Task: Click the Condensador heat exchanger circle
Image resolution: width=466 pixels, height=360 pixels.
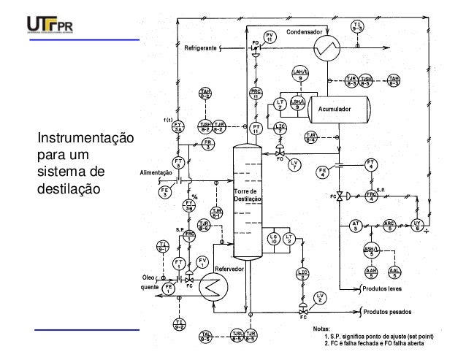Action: pyautogui.click(x=324, y=49)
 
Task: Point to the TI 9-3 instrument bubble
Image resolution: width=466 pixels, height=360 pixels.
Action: pyautogui.click(x=357, y=27)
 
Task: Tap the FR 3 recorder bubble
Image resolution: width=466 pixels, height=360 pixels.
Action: pyautogui.click(x=207, y=145)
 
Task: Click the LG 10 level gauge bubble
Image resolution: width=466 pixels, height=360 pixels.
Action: pyautogui.click(x=273, y=240)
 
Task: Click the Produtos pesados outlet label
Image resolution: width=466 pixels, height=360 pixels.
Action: pyautogui.click(x=390, y=312)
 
